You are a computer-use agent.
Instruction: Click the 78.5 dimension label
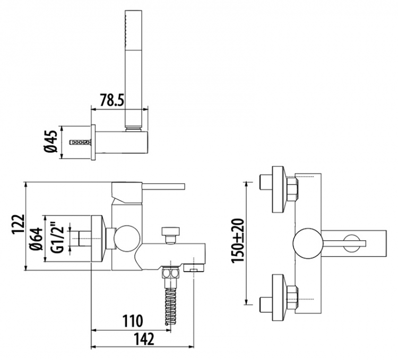pos(111,100)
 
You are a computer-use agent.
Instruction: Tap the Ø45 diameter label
pos(51,142)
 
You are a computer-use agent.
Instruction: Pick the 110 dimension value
pos(133,321)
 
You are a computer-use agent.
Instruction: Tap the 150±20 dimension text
pos(238,240)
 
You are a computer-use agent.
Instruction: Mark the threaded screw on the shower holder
pos(80,142)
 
